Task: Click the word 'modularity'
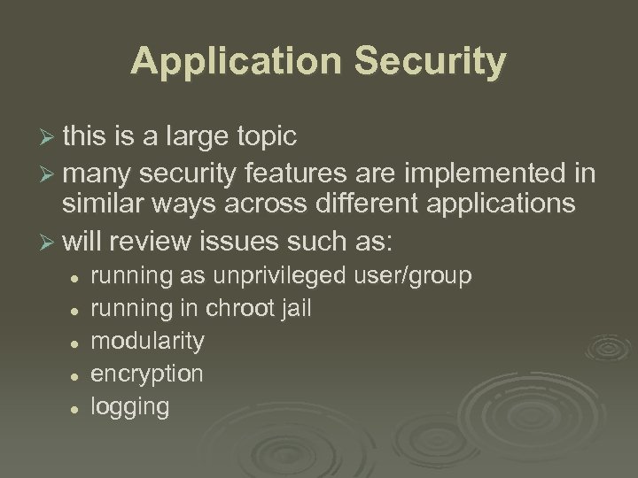point(147,341)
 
